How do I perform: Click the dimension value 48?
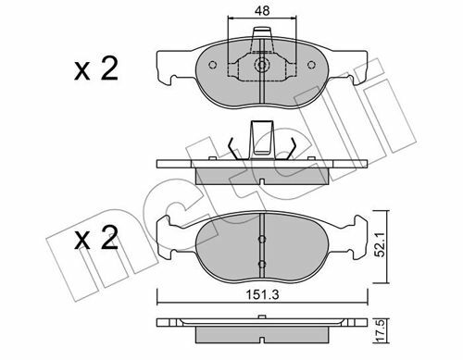pos(262,11)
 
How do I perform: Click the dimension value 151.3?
pos(262,295)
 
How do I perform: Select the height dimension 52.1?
pos(381,244)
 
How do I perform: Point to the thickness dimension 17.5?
pos(381,331)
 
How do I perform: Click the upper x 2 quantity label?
pos(96,69)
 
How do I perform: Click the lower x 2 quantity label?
pos(96,238)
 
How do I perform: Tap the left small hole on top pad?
pos(212,65)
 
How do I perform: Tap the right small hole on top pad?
pos(312,65)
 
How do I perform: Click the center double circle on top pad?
pos(262,65)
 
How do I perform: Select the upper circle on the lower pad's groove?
pos(262,239)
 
